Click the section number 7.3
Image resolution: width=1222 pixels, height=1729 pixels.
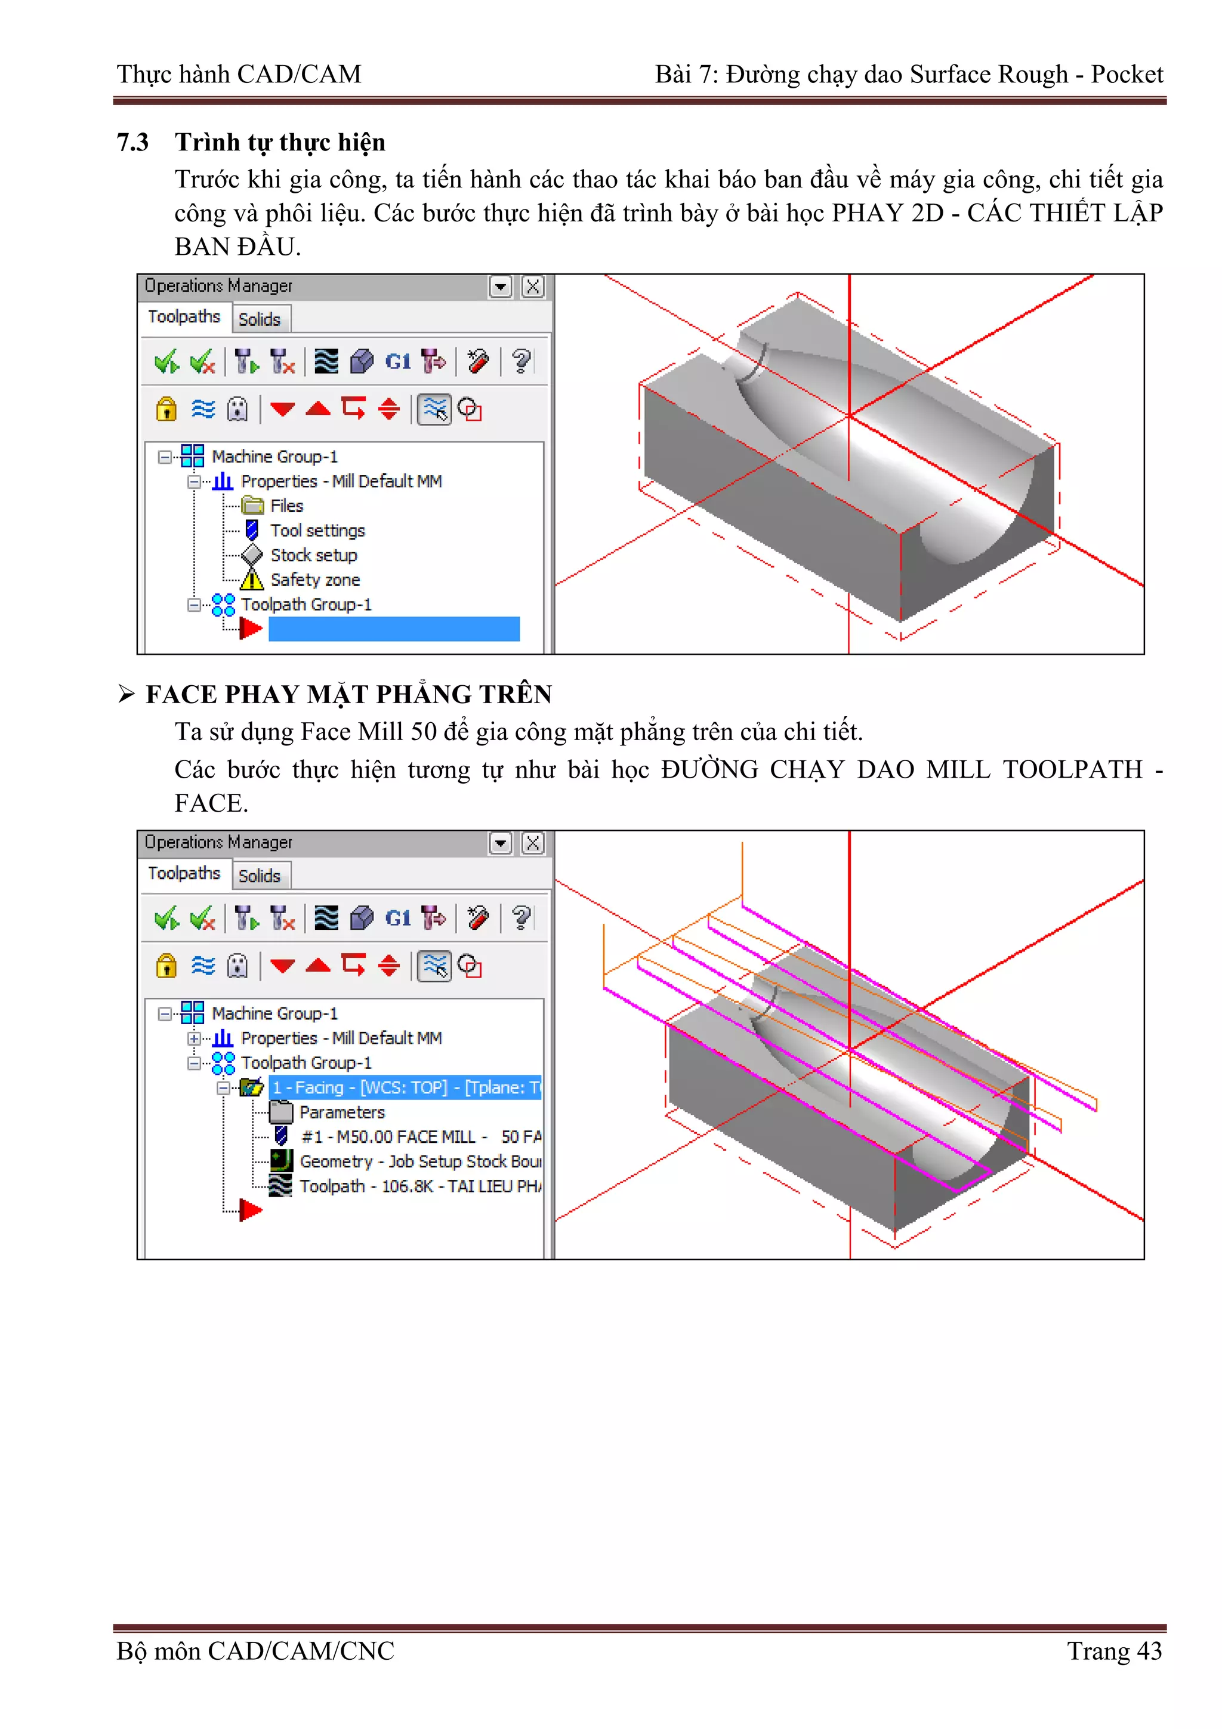click(x=132, y=142)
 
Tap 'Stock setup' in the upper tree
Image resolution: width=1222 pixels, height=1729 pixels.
click(x=313, y=555)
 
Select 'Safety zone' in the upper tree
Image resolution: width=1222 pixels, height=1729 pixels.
click(x=314, y=580)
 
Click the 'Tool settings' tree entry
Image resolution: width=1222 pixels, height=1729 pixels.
click(x=317, y=530)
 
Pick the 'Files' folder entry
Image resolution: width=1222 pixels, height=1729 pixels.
click(x=286, y=506)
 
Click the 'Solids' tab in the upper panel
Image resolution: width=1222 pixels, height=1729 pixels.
click(x=259, y=319)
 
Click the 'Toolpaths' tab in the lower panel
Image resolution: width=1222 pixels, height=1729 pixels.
click(x=184, y=873)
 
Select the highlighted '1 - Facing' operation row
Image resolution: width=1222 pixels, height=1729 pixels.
click(x=405, y=1087)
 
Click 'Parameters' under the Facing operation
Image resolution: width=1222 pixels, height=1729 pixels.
click(x=342, y=1112)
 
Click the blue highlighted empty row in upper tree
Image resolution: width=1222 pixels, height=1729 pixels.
click(x=394, y=629)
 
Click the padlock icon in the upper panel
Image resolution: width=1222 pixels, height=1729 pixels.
click(x=166, y=409)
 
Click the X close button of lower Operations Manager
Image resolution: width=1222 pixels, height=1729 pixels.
click(x=532, y=843)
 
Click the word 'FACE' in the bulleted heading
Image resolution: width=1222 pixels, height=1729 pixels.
click(x=181, y=694)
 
